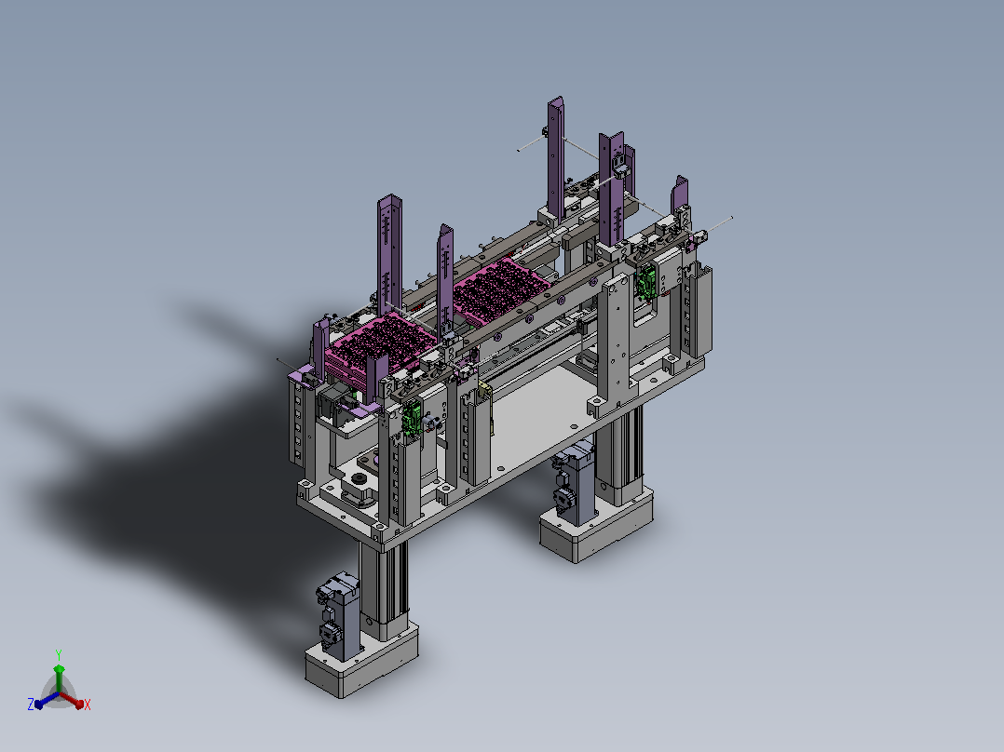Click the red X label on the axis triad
click(x=88, y=705)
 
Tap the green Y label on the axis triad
click(x=59, y=654)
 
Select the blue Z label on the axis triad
click(x=31, y=704)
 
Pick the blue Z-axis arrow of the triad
click(x=47, y=700)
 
